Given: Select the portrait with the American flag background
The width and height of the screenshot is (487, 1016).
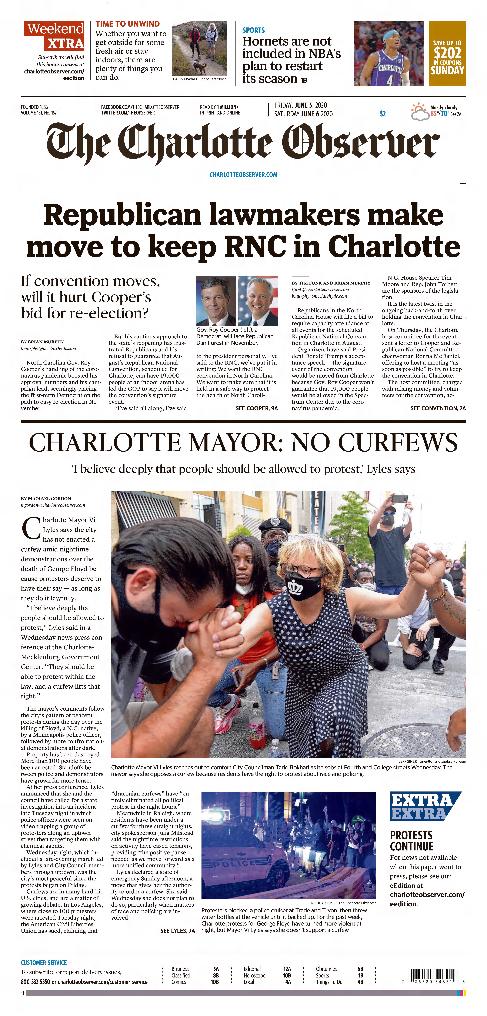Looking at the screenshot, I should (x=258, y=301).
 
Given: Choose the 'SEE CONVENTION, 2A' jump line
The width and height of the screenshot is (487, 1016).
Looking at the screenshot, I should (x=438, y=408).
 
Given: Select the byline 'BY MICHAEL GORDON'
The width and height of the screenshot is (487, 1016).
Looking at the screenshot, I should (x=46, y=499).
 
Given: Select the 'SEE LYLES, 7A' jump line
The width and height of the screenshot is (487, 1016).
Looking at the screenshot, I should (x=177, y=931).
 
